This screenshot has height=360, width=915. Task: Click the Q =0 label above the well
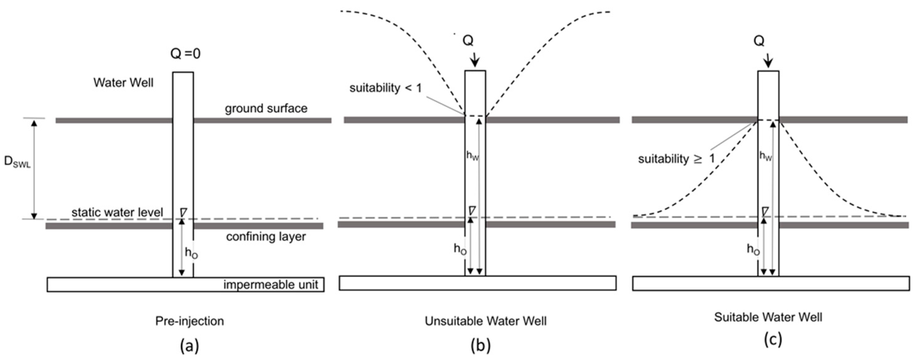coord(185,54)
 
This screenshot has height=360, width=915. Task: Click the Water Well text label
coord(123,83)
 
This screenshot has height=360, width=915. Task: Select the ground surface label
coord(266,108)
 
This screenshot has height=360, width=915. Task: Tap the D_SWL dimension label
coord(17,162)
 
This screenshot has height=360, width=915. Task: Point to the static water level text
coord(117,212)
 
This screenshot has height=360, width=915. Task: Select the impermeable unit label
coord(271,285)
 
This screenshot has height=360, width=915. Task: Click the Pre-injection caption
coord(189,321)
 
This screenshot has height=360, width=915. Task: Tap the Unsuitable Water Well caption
coord(485,321)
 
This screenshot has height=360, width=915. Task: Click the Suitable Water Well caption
coord(768,317)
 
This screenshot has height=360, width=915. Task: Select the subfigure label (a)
coord(189,345)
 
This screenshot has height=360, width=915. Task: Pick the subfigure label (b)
coord(480,345)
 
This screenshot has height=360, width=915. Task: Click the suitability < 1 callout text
coord(385,88)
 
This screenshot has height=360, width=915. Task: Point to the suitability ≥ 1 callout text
coord(676,159)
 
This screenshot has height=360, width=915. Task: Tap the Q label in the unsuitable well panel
coord(468,41)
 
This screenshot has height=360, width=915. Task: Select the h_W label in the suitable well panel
coord(766,156)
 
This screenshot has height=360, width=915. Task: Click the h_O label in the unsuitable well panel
coord(460,249)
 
